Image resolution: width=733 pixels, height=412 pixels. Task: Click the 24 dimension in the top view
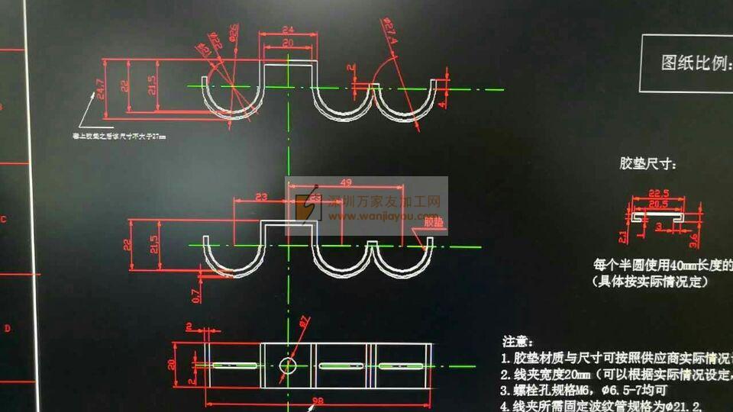[287, 30]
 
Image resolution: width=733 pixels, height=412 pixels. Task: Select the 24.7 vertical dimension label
[101, 91]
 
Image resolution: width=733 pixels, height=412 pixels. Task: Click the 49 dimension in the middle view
[344, 182]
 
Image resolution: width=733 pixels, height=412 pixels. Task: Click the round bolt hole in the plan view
[288, 365]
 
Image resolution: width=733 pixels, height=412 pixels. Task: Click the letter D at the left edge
[7, 329]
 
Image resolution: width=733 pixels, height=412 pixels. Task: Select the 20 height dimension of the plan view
[173, 364]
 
